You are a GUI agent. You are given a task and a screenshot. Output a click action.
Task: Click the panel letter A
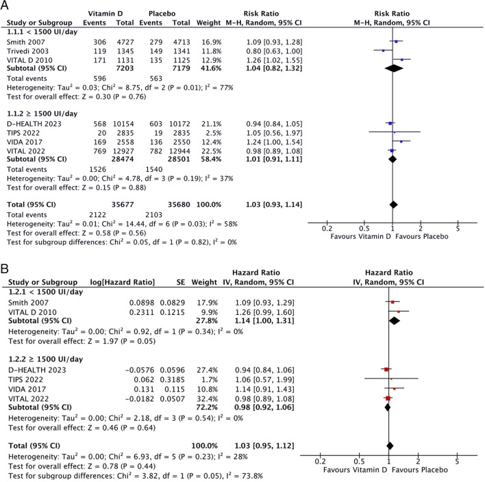[5, 5]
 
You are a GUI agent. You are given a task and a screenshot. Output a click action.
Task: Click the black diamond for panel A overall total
[393, 204]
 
